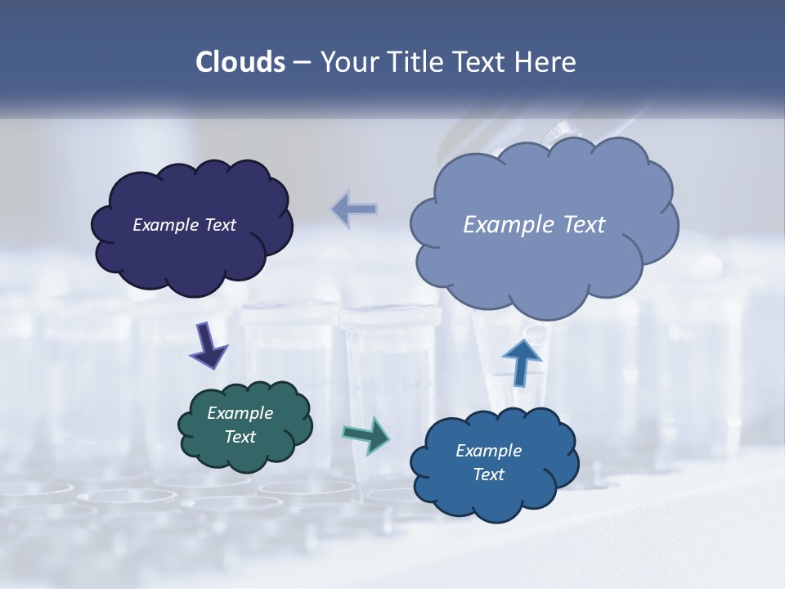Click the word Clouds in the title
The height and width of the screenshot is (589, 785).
point(240,62)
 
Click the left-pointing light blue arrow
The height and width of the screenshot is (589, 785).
point(355,209)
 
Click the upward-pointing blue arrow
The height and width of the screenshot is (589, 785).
point(522,360)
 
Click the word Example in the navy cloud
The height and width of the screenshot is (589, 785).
point(166,225)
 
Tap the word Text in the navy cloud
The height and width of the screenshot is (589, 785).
point(220,225)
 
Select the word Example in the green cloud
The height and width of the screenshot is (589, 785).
point(240,413)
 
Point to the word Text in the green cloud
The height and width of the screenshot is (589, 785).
point(240,437)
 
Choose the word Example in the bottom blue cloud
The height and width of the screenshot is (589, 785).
point(488,451)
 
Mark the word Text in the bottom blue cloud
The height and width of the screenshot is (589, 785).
point(488,474)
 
